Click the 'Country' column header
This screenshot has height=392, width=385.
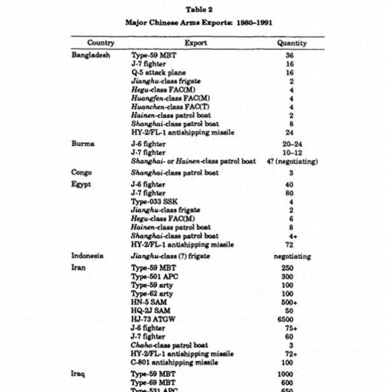[x=101, y=43]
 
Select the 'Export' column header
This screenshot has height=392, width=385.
[x=196, y=43]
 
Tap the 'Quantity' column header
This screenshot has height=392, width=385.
[x=292, y=43]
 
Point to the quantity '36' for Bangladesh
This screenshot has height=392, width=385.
[x=290, y=55]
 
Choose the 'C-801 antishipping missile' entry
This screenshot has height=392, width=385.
[x=175, y=362]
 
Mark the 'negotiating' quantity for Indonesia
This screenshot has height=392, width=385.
[x=292, y=256]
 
